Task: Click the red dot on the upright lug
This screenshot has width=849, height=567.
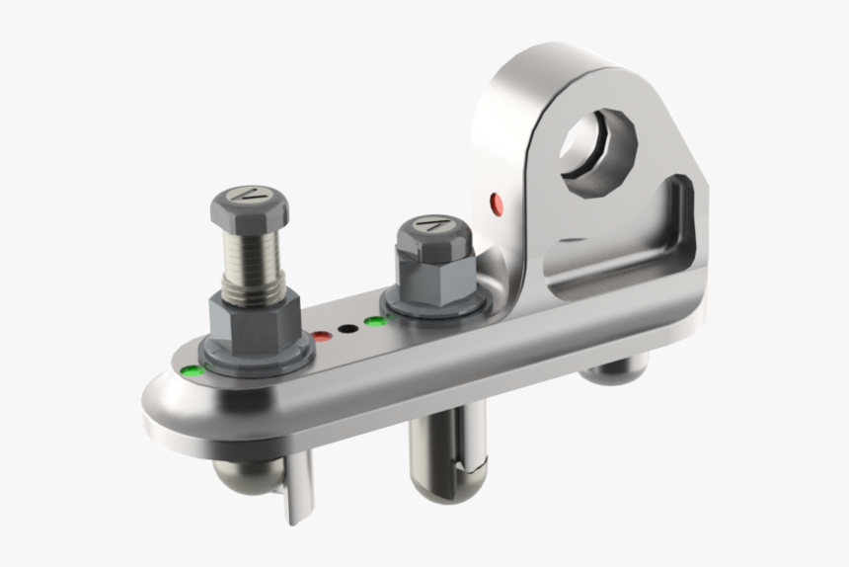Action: (x=497, y=204)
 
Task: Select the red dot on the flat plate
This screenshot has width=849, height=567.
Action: (x=322, y=337)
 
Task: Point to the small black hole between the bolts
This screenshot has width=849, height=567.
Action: (x=347, y=328)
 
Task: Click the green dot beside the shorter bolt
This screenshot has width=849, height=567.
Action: (x=373, y=320)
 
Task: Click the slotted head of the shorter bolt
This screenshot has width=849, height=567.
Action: (x=431, y=226)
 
